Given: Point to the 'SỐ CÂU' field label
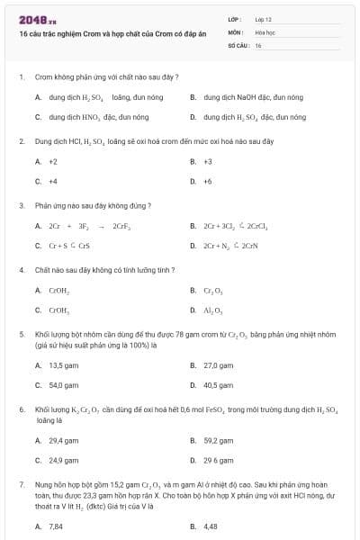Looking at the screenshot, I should pos(238,44).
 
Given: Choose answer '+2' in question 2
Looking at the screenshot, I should pos(53,162).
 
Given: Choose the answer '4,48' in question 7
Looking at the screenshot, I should pos(211,526).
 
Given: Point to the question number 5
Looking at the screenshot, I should pos(21,334).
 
